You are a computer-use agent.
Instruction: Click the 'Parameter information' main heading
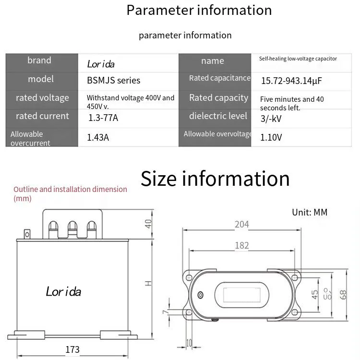pos(199,10)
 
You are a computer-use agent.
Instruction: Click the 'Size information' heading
pos(215,179)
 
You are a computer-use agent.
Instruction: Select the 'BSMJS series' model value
pos(113,80)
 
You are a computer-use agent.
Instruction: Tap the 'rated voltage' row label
pos(42,98)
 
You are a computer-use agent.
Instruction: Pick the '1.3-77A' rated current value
pos(103,117)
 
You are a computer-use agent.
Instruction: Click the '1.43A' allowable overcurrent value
pos(98,138)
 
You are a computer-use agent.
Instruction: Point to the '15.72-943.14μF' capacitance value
pos(291,81)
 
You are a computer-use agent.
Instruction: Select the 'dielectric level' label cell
pos(218,116)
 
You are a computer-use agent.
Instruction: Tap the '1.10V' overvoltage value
pos(271,138)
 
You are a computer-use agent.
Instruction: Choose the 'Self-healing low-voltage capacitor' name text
pos(298,59)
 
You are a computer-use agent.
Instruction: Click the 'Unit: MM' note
pos(310,212)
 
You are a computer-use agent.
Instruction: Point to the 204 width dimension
pos(242,224)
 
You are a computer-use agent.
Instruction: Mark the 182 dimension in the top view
pos(242,245)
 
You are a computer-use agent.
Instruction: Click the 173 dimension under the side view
pos(72,350)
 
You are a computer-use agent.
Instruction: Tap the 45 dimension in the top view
pos(315,294)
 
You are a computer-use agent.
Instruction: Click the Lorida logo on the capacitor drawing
pos(63,291)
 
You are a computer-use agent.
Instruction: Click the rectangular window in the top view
pos(239,294)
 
